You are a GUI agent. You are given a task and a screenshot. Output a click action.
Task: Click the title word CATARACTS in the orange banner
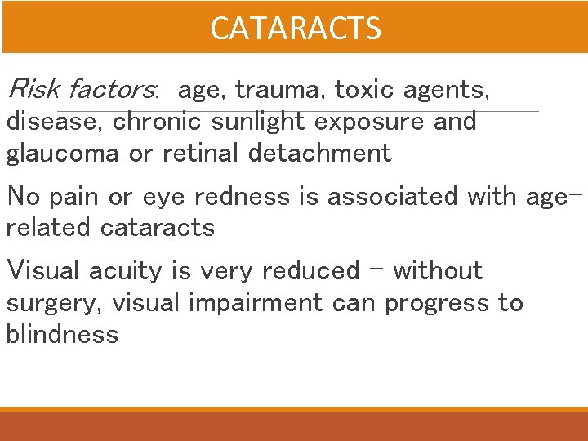coord(295,29)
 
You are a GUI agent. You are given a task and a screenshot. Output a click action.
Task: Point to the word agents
coord(446,90)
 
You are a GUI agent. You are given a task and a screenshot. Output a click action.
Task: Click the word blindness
coord(62,334)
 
